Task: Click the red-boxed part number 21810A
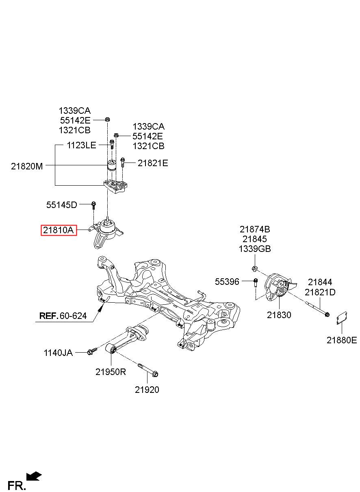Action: (59, 230)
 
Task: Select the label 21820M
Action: (27, 166)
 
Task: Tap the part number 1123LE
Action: (82, 145)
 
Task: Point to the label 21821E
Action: (153, 163)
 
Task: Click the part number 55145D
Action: (61, 205)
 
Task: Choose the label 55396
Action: (227, 282)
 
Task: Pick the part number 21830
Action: (279, 315)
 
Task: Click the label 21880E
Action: (342, 340)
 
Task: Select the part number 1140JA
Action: (58, 353)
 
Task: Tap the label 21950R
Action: (111, 372)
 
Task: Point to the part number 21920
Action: (147, 390)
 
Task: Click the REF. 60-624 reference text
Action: (63, 316)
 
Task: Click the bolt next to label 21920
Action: (148, 370)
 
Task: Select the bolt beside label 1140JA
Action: (92, 351)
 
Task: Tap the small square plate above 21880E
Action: (342, 318)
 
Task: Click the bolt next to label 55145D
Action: (93, 205)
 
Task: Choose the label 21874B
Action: (255, 229)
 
